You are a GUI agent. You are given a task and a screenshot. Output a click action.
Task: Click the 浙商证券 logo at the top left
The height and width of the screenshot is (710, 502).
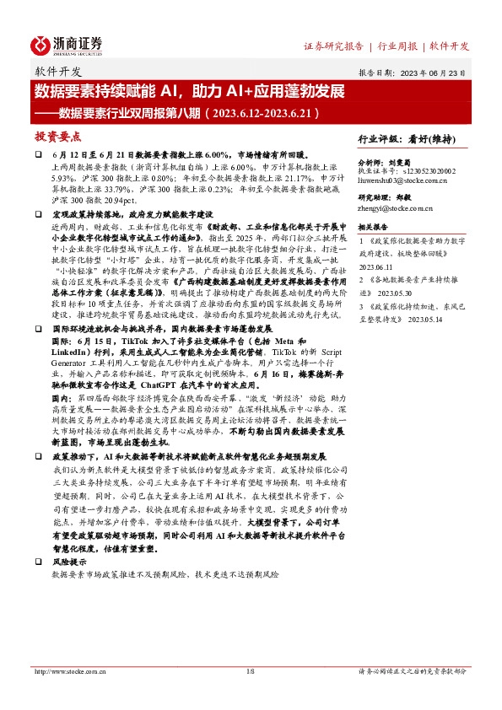67,44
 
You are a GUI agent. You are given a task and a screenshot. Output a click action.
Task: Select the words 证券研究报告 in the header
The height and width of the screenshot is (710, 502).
333,45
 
